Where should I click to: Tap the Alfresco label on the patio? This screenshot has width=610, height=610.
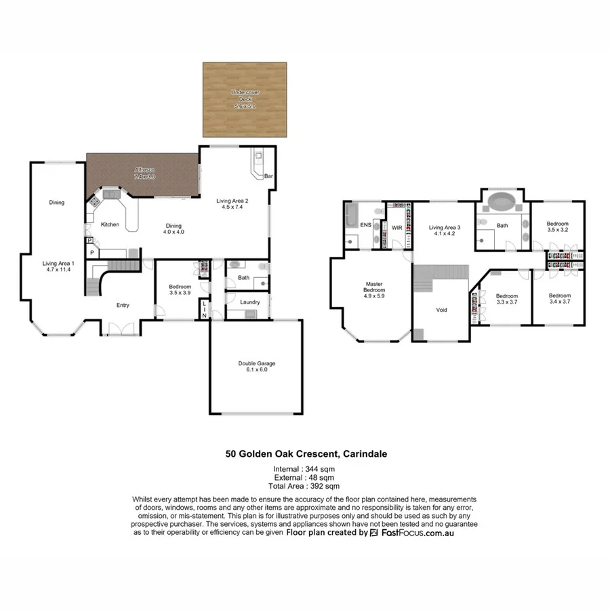click(x=143, y=172)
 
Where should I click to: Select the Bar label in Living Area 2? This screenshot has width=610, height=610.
click(x=268, y=176)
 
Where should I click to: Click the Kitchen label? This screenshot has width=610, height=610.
click(x=110, y=224)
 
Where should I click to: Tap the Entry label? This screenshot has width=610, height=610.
click(x=122, y=305)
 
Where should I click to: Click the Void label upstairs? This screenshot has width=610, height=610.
click(x=441, y=310)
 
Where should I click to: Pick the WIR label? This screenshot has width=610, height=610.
click(x=397, y=227)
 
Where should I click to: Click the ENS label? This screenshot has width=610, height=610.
click(x=365, y=224)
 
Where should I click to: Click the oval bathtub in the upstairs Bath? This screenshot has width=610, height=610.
click(x=502, y=202)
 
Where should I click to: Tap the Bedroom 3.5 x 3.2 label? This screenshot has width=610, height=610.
click(x=557, y=226)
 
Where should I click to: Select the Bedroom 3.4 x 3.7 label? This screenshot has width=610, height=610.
click(x=558, y=299)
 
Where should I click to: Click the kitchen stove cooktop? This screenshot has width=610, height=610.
click(x=96, y=201)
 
